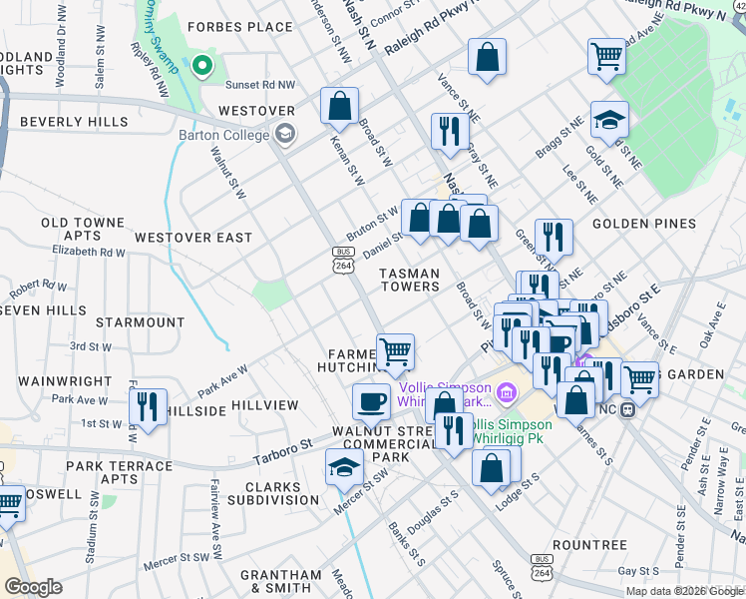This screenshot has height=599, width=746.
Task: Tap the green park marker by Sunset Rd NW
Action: tap(202, 67)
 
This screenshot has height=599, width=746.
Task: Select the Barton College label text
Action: tap(224, 136)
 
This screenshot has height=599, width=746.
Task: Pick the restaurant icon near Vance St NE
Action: tap(450, 131)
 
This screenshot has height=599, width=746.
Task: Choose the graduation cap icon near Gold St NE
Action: tap(609, 120)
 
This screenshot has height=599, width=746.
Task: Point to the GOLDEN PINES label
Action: tap(642, 225)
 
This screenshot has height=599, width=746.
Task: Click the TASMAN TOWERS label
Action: tap(410, 280)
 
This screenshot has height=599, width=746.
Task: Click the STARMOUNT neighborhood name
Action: tap(141, 323)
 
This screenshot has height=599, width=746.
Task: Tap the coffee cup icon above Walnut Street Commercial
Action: tap(371, 401)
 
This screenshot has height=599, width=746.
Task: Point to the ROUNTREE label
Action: tap(589, 545)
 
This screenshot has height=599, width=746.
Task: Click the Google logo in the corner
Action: tap(33, 587)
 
